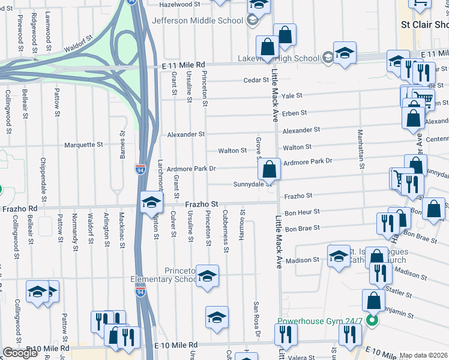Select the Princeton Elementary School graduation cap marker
tap(208, 276)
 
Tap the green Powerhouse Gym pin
tap(372, 321)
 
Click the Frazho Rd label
tap(20, 209)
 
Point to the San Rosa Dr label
tap(256, 319)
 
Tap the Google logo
tap(20, 352)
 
